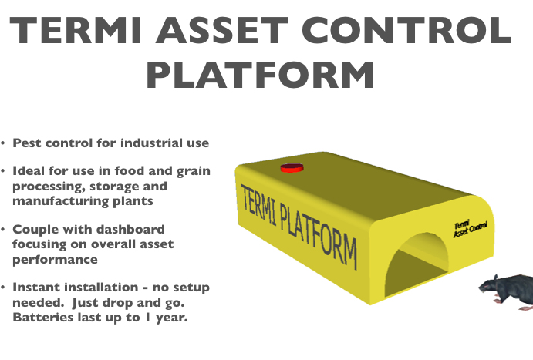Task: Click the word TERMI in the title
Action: [x=76, y=30]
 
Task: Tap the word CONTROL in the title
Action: [x=406, y=30]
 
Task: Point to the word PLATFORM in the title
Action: [x=261, y=75]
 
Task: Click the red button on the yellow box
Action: [x=292, y=168]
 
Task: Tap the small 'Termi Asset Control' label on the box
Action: [x=470, y=229]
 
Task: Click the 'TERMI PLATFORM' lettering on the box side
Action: [x=299, y=226]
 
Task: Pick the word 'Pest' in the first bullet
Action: [x=27, y=143]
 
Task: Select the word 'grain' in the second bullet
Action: [x=194, y=171]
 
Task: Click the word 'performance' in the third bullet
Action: [x=55, y=260]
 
